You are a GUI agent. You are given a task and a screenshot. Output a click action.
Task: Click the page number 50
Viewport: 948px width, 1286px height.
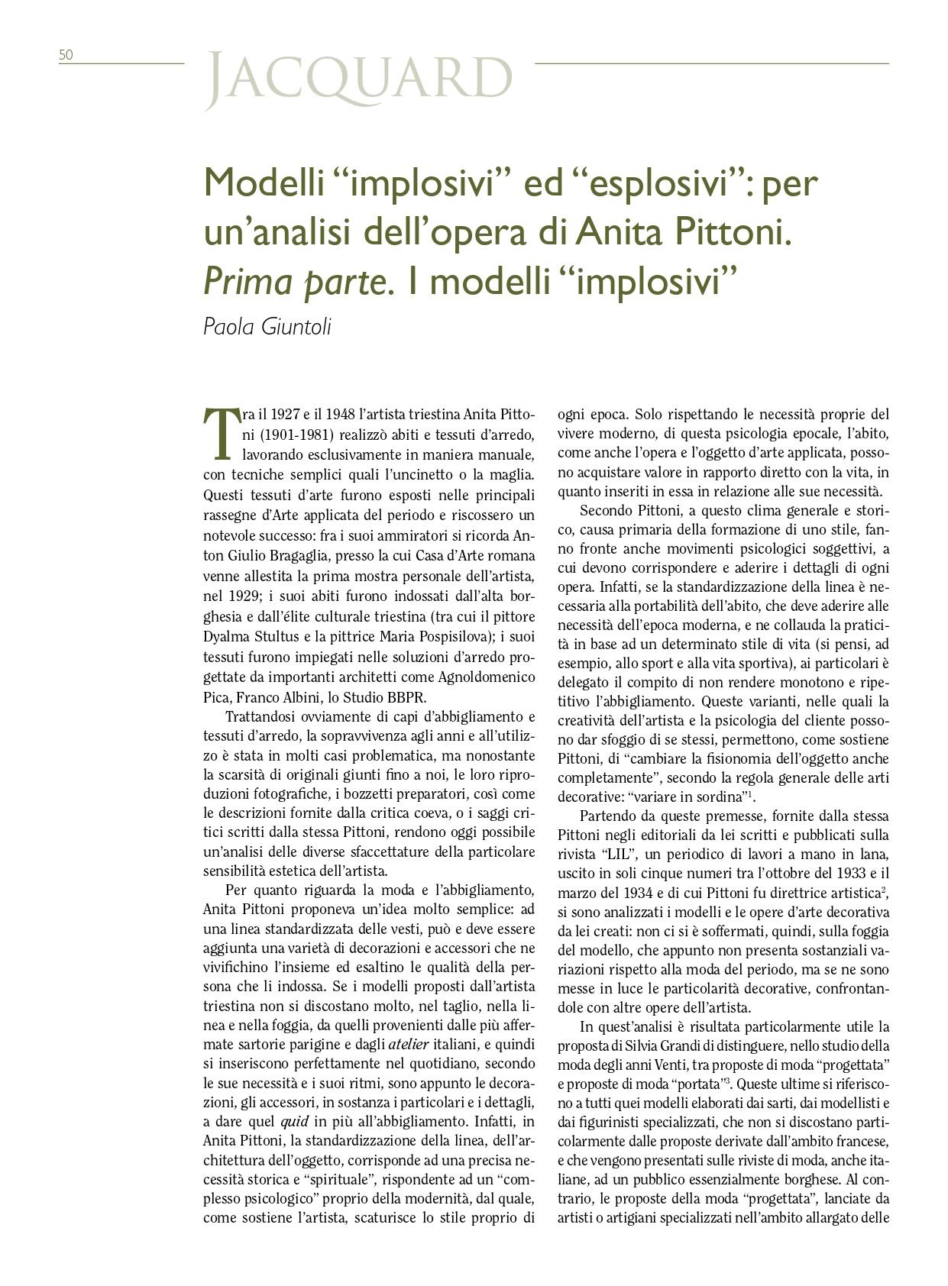(66, 55)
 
